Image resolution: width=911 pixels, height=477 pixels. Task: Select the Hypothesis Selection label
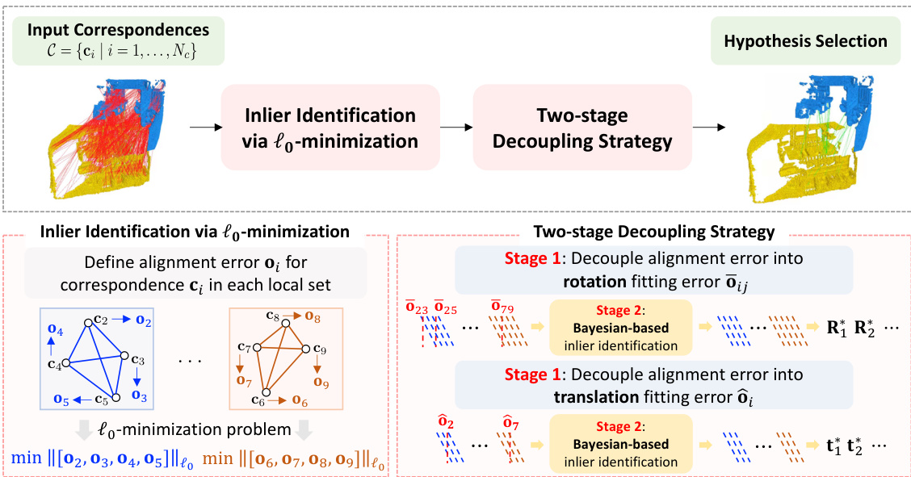pyautogui.click(x=804, y=41)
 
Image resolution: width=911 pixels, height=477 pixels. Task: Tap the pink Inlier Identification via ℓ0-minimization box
pyautogui.click(x=330, y=128)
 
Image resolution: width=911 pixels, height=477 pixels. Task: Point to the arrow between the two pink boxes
pyautogui.click(x=455, y=128)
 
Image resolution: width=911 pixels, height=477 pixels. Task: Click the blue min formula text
pyautogui.click(x=101, y=459)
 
